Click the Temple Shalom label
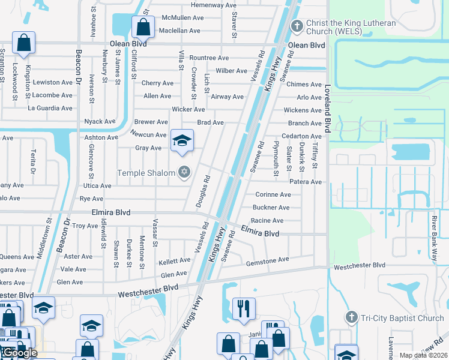click(146, 173)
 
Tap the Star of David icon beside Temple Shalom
click(184, 173)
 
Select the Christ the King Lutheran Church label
click(351, 28)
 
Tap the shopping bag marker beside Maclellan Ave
click(143, 27)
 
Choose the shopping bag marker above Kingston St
click(23, 43)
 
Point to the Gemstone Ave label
click(268, 260)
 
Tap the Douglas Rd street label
click(201, 191)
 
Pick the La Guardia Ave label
click(50, 109)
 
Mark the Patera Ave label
click(306, 182)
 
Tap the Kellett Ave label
click(174, 261)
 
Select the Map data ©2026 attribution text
click(423, 355)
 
